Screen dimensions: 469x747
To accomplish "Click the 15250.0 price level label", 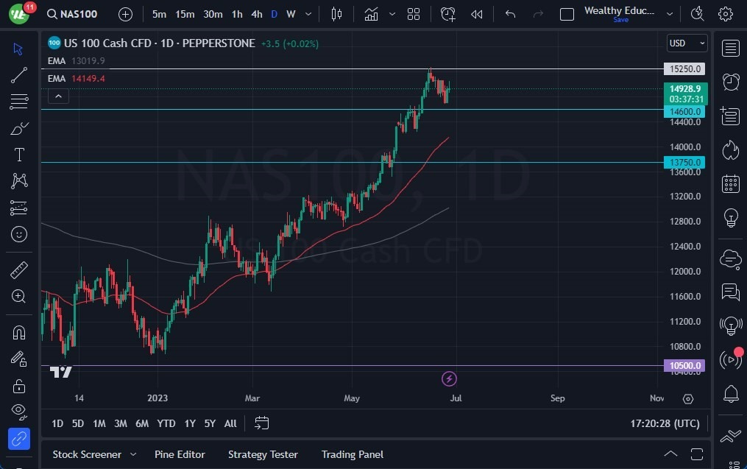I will coord(684,69).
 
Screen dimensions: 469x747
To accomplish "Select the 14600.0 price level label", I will coord(684,111).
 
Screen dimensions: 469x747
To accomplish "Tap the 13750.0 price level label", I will coord(684,162).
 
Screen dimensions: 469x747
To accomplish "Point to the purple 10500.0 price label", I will coord(684,365).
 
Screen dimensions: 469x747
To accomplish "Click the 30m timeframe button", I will coord(213,14).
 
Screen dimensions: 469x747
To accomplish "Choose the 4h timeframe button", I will coord(256,14).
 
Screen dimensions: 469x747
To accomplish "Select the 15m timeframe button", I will coord(185,14).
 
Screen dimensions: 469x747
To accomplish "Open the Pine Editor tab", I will coord(180,454).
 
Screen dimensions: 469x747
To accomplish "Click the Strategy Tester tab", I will coord(263,454).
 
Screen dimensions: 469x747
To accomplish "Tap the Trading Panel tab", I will coord(352,454).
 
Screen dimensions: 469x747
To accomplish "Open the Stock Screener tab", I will coord(87,454).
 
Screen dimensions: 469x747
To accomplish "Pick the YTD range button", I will coord(166,423).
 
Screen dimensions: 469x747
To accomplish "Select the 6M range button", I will coord(142,423).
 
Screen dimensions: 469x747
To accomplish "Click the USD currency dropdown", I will coord(687,43).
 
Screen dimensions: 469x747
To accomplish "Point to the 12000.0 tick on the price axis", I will coord(684,271).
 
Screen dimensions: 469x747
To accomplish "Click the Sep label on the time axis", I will coord(557,398).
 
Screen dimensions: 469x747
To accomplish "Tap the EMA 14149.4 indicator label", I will coord(77,78).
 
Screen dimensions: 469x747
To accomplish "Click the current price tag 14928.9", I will coord(684,89).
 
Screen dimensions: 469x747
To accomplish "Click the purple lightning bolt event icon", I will coord(449,378).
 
